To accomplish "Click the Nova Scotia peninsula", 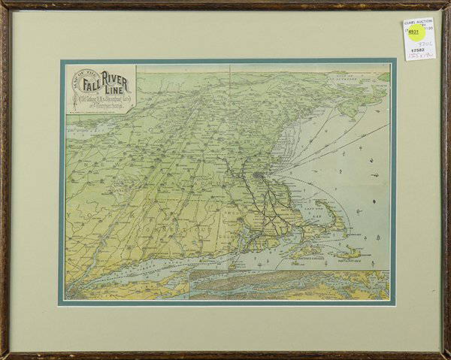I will pyautogui.click(x=353, y=105).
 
